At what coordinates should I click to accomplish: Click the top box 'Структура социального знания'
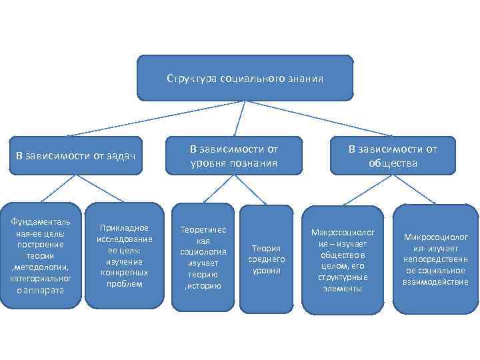[x=245, y=78]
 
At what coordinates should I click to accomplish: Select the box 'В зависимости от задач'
[x=75, y=156]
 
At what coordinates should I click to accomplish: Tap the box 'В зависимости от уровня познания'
[x=233, y=156]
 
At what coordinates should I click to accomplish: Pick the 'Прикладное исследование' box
[x=124, y=255]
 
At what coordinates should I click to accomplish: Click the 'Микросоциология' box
[x=435, y=260]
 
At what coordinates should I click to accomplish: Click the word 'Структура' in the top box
[x=186, y=79]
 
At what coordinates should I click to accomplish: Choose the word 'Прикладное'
[x=124, y=228]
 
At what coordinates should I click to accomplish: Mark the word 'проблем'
[x=124, y=283]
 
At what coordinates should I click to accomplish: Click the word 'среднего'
[x=267, y=259]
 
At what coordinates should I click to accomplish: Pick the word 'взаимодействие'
[x=435, y=282]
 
